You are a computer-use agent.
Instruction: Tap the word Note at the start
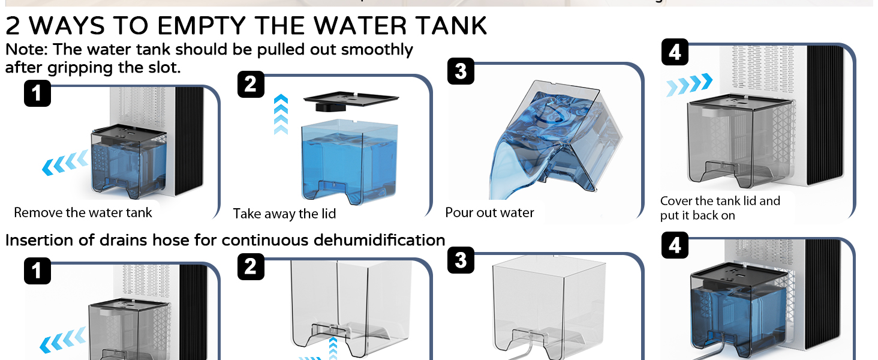(26, 50)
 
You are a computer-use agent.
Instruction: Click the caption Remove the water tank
(83, 212)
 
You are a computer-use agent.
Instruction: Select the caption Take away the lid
(284, 214)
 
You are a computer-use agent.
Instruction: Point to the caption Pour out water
(489, 212)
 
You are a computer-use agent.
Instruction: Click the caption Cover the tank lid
(720, 201)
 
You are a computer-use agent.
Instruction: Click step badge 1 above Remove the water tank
(37, 94)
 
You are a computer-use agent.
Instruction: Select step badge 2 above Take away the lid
(251, 84)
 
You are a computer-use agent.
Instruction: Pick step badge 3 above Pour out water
(461, 71)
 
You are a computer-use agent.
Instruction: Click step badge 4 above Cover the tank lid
(675, 52)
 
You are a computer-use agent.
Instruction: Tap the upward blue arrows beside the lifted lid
(281, 115)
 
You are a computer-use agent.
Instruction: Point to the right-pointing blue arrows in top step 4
(690, 85)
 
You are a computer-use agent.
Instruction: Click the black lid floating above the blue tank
(351, 101)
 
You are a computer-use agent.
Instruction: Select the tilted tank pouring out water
(557, 140)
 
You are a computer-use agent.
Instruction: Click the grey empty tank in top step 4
(741, 141)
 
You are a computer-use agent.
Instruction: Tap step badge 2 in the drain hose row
(251, 266)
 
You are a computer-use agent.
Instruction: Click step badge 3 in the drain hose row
(461, 260)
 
